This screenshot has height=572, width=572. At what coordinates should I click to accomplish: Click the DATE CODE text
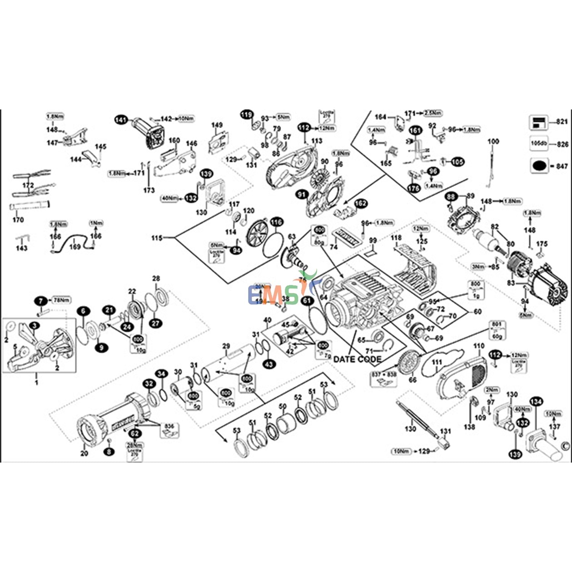click(357, 359)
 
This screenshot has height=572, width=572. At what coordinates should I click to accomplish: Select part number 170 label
click(18, 220)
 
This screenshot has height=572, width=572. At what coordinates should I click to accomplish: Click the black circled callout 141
click(121, 120)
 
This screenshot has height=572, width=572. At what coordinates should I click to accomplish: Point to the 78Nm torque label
click(61, 300)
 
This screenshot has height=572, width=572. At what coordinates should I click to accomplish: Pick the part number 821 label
click(562, 122)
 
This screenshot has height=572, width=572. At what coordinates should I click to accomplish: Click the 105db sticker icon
click(538, 144)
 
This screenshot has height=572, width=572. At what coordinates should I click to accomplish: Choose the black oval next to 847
click(539, 166)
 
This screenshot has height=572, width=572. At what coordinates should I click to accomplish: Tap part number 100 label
click(493, 141)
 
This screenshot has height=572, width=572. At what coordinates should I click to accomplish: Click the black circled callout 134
click(536, 402)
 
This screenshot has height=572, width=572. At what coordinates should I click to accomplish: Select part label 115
click(157, 238)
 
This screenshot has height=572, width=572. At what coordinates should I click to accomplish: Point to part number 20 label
click(84, 453)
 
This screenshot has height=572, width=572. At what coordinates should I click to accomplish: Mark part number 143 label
click(22, 248)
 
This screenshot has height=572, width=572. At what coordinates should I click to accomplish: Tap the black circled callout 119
click(247, 114)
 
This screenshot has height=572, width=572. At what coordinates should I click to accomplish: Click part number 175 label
click(541, 244)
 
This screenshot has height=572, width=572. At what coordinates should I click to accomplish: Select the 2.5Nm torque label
click(433, 113)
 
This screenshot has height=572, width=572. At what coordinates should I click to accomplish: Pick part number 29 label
click(226, 346)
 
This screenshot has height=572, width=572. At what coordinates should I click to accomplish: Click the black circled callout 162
click(361, 204)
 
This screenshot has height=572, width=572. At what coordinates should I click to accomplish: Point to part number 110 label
click(479, 346)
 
